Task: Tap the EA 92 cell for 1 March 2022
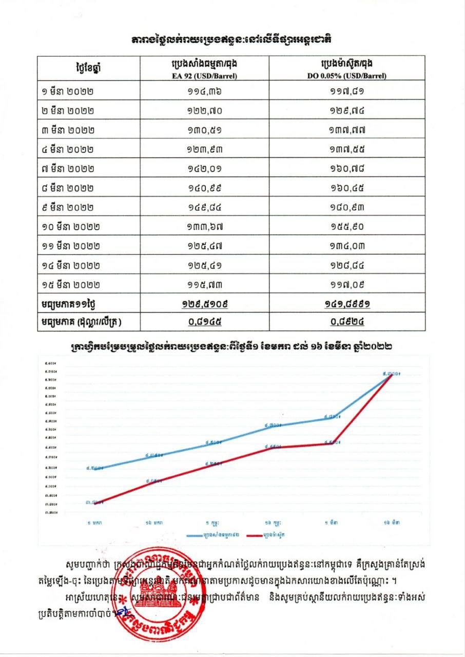point(204,92)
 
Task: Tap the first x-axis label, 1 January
point(94,521)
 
